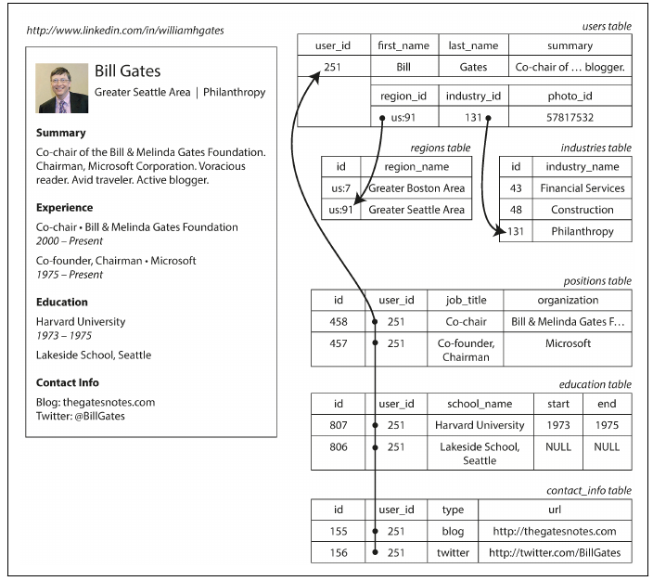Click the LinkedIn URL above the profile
pyautogui.click(x=125, y=31)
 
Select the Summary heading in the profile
pyautogui.click(x=61, y=133)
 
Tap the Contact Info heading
pyautogui.click(x=68, y=382)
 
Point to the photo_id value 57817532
pyautogui.click(x=570, y=118)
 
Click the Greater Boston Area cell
pyautogui.click(x=416, y=188)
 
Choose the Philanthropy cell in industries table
pyautogui.click(x=582, y=231)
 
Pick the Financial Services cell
pyautogui.click(x=582, y=188)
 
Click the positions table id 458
pyautogui.click(x=339, y=322)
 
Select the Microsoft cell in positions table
pyautogui.click(x=568, y=343)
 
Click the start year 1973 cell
pyautogui.click(x=557, y=425)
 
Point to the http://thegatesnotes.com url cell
pyautogui.click(x=554, y=532)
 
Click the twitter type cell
pyautogui.click(x=453, y=553)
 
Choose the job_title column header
pyautogui.click(x=466, y=301)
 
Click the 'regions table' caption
pyautogui.click(x=440, y=148)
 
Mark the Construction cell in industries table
pyautogui.click(x=582, y=210)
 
